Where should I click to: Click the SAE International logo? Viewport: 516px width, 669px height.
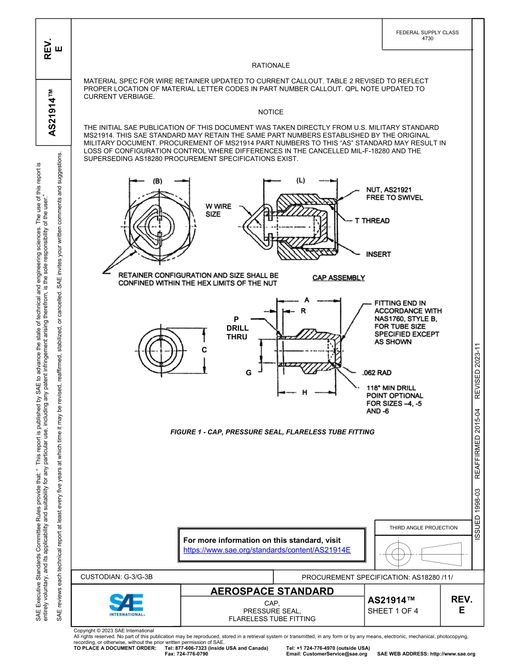pos(126,604)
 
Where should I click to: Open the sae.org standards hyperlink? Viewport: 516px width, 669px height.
pos(267,550)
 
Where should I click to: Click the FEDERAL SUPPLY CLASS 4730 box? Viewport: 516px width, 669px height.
pos(427,35)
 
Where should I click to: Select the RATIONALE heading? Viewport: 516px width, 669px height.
pos(270,65)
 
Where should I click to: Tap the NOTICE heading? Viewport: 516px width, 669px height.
pos(270,112)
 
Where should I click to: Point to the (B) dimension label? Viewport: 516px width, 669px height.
pos(158,181)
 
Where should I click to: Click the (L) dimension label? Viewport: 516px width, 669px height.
pos(301,180)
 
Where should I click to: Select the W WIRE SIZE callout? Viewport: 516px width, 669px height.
pos(218,210)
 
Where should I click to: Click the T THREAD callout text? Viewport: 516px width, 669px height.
pos(372,220)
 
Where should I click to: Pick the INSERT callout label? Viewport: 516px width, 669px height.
pos(378,254)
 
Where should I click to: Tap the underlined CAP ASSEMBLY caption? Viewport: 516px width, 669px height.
pos(338,278)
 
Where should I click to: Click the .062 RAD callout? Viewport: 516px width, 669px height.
pos(376,373)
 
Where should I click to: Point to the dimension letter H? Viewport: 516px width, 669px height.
pos(304,392)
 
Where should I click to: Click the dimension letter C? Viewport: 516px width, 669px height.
pos(204,351)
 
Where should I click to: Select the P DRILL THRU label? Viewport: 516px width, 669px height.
pos(237,328)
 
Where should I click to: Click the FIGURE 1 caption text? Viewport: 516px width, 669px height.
pos(272,432)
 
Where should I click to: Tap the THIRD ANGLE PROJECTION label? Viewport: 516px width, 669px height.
pos(423,528)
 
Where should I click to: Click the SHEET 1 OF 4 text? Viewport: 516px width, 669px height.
pos(393,611)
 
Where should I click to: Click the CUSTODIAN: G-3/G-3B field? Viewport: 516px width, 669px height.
pos(121,577)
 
